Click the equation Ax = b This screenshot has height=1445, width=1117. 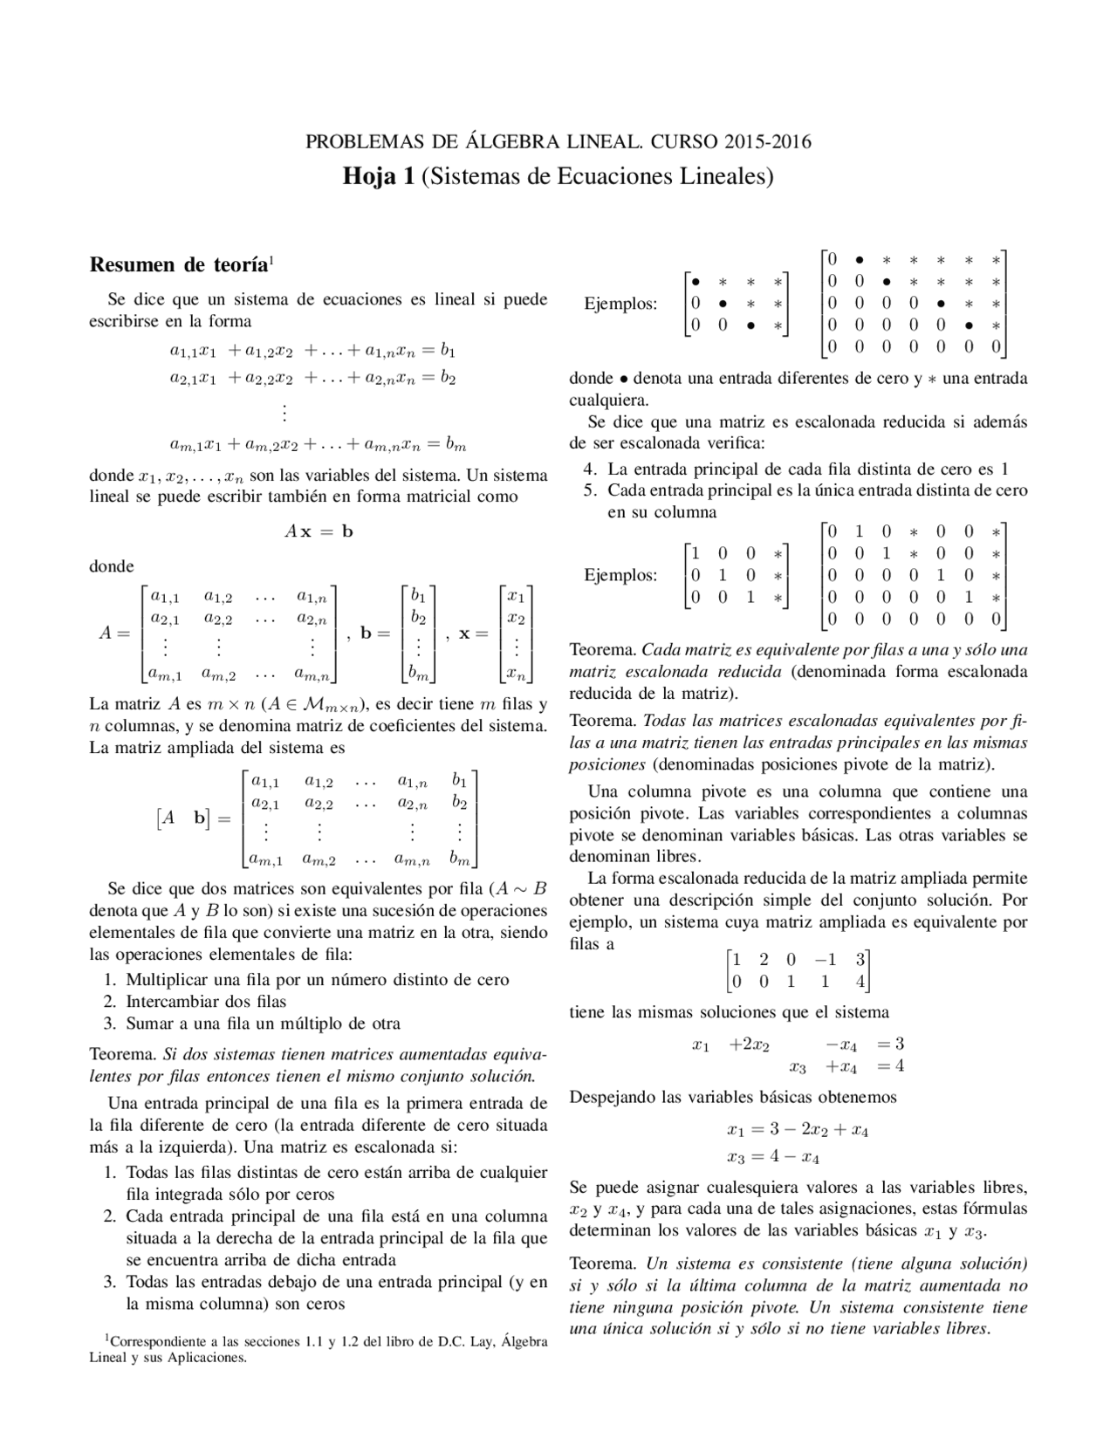tap(319, 531)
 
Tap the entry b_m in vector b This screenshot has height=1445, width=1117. tap(419, 673)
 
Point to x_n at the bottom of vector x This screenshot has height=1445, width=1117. tap(516, 673)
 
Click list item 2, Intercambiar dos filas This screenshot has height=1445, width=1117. tap(206, 1002)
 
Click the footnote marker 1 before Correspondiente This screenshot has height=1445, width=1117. tap(106, 1338)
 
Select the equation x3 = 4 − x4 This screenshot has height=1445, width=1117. tap(772, 1158)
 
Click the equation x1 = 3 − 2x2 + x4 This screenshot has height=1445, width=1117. tap(797, 1130)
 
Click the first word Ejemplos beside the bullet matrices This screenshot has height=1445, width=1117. tap(620, 305)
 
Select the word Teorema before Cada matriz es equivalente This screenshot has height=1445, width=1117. tap(602, 650)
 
